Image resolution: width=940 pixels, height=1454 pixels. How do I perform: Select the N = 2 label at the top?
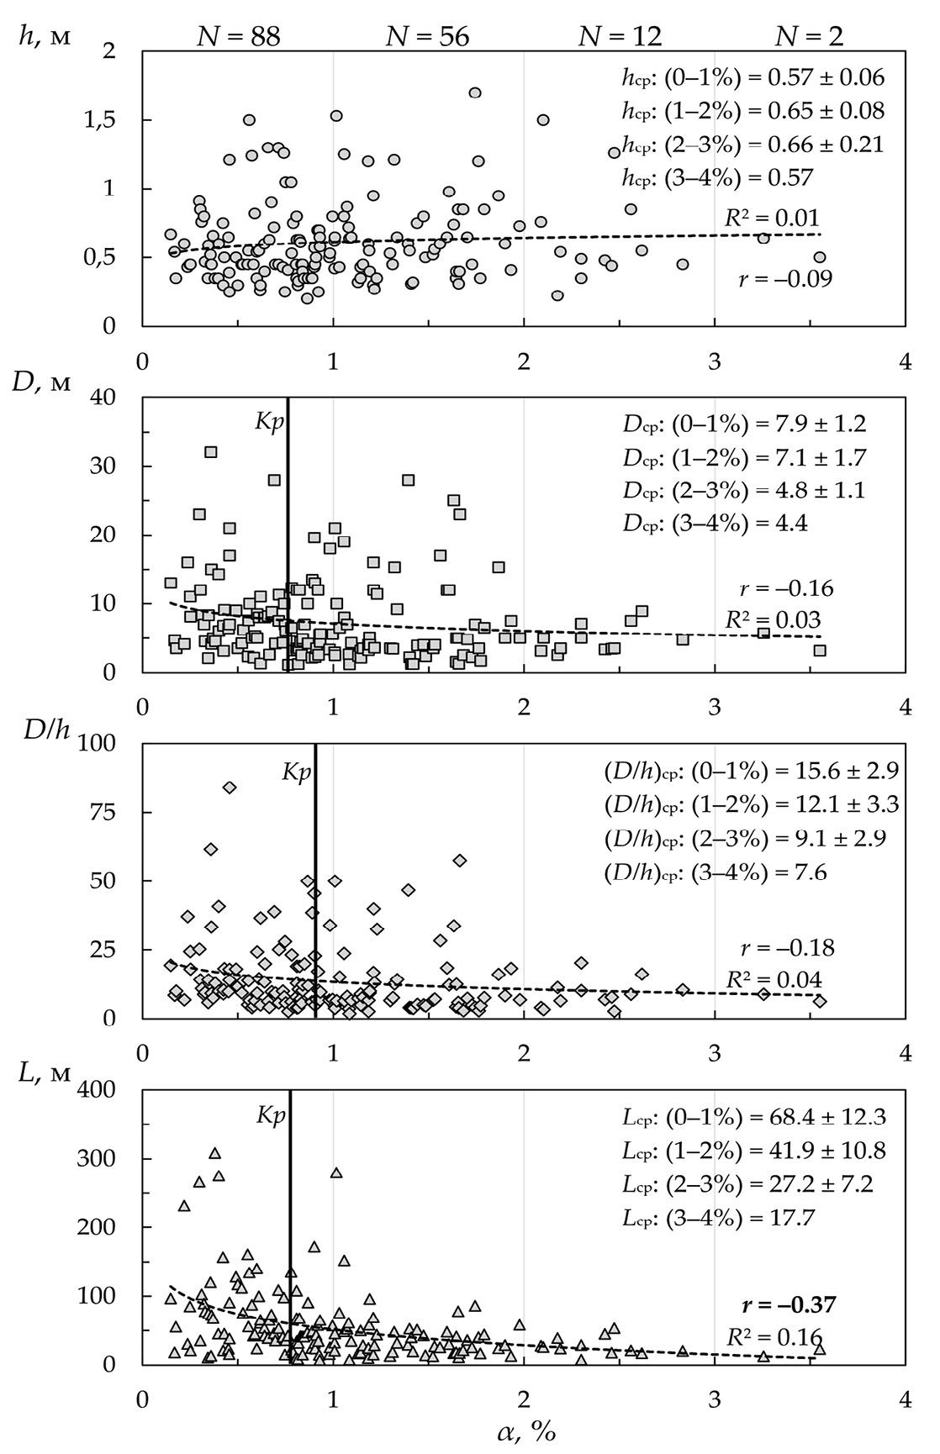click(x=809, y=34)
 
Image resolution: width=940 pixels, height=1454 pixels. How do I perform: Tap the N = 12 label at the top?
click(x=621, y=34)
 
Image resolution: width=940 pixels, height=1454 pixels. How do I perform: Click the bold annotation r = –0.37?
click(x=788, y=1304)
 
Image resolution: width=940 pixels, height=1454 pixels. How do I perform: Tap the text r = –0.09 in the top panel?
click(x=785, y=278)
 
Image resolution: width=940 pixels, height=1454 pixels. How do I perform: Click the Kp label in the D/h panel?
click(x=295, y=772)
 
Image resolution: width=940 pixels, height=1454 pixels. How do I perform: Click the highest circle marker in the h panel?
click(x=475, y=92)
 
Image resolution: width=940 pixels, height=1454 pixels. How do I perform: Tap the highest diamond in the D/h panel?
click(x=230, y=787)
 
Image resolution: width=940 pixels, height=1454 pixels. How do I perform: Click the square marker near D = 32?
click(x=211, y=452)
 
